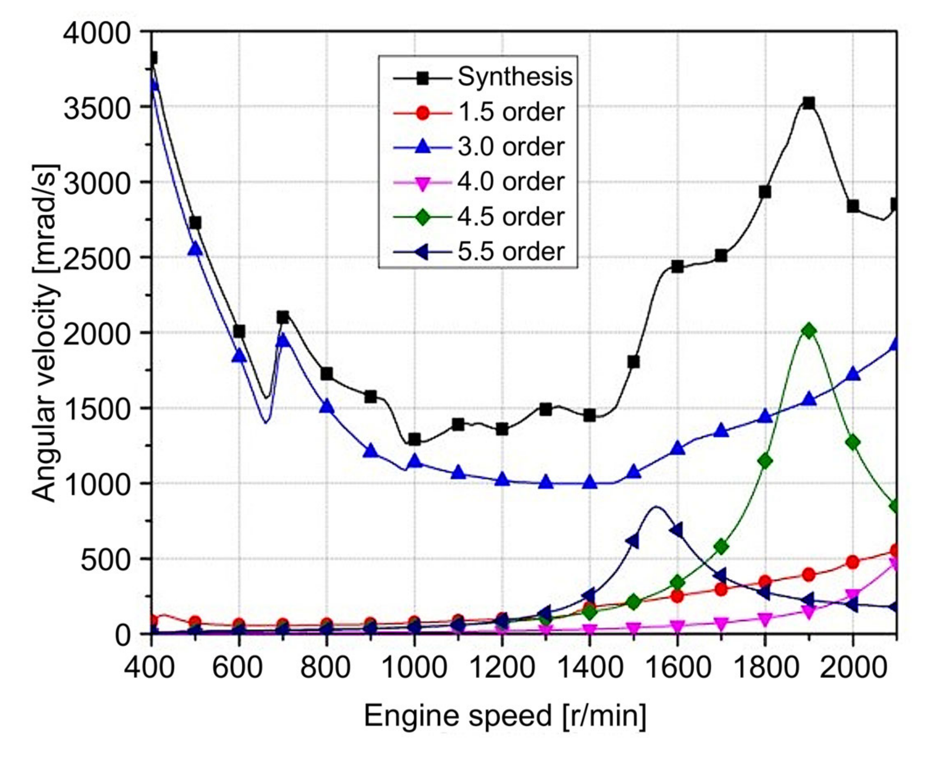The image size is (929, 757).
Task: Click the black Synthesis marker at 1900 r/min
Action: click(809, 104)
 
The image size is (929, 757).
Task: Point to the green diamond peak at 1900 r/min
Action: click(809, 331)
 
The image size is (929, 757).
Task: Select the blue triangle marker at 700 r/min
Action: click(283, 340)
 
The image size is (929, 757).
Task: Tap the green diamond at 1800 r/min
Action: click(765, 461)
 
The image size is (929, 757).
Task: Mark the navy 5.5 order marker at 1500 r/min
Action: click(632, 542)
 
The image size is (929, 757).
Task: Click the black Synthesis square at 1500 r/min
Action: click(633, 362)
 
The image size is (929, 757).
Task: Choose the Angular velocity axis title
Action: click(45, 334)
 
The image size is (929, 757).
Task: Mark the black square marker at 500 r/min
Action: click(195, 223)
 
